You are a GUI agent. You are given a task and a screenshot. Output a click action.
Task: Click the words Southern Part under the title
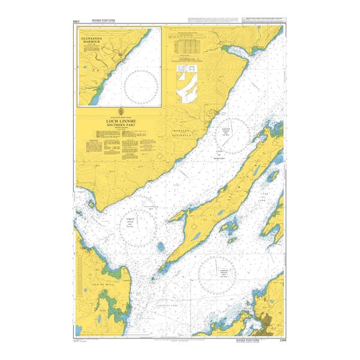(122, 124)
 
